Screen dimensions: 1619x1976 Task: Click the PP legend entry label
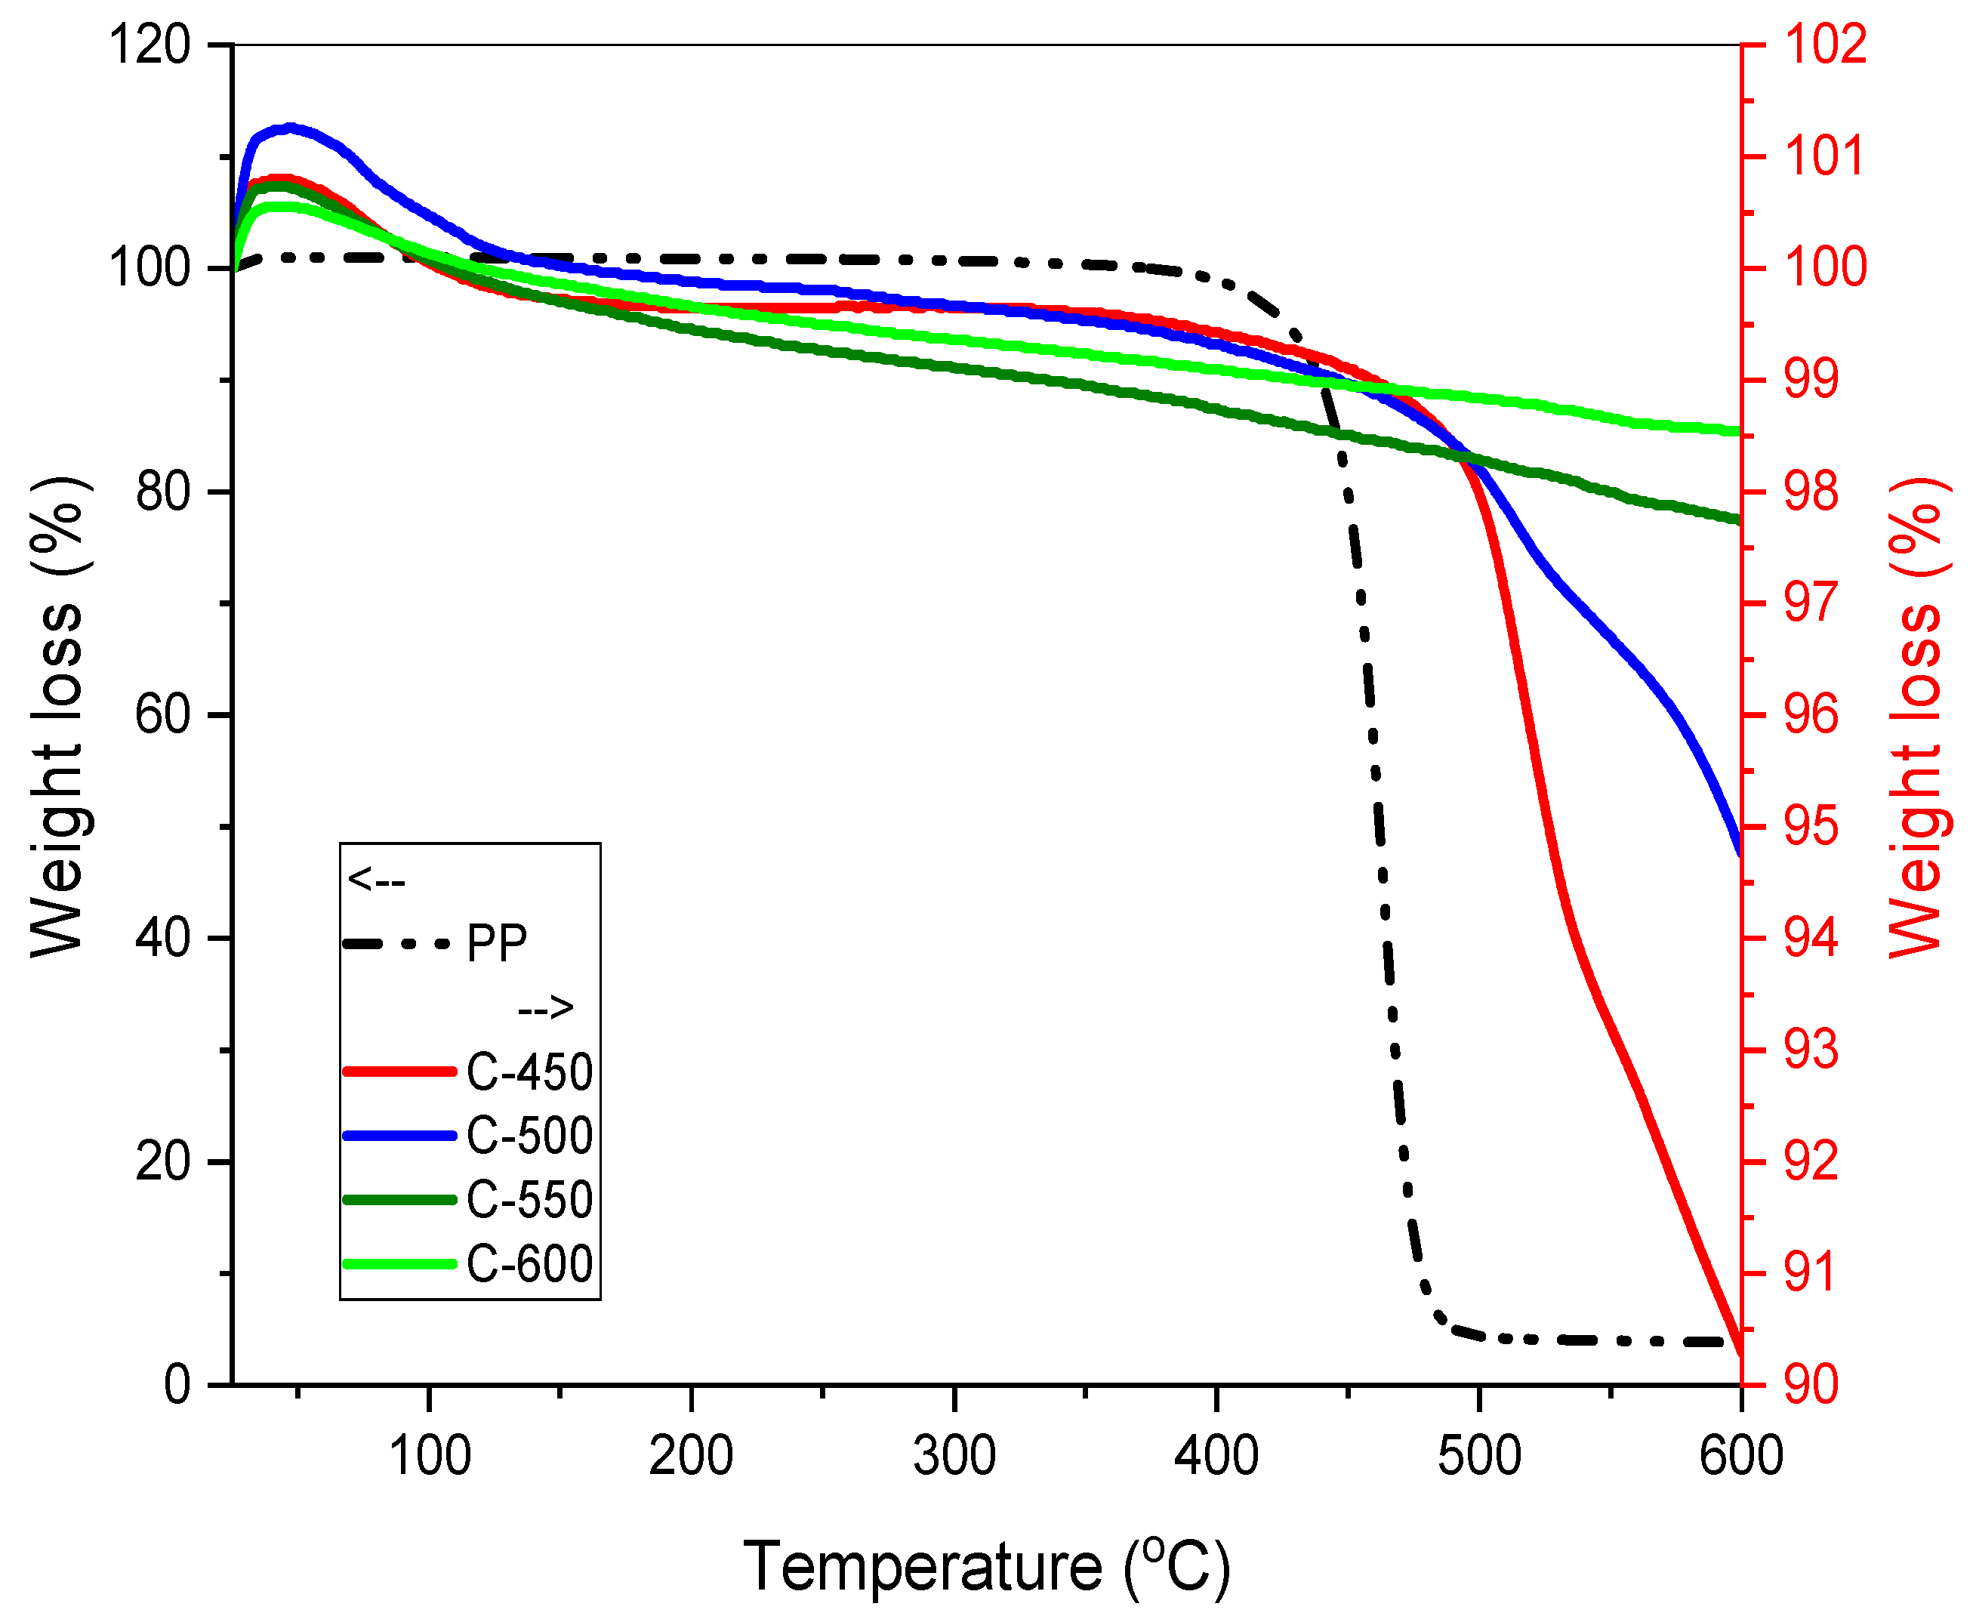(496, 944)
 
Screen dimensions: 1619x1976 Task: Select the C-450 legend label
(529, 1072)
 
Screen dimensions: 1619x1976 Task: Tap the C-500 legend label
(529, 1136)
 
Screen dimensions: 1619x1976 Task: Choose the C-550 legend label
(529, 1199)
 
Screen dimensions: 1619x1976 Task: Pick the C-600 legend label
(529, 1263)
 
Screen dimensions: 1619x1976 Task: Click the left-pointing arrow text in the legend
(376, 880)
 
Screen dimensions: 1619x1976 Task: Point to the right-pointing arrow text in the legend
(545, 1007)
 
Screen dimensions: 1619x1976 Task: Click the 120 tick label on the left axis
(150, 45)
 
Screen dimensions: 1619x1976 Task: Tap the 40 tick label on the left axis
(163, 937)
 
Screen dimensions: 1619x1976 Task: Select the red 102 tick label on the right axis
(1825, 45)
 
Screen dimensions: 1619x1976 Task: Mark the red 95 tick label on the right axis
(1811, 827)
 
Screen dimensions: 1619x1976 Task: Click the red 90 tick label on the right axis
(1811, 1385)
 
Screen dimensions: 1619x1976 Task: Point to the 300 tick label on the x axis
(954, 1455)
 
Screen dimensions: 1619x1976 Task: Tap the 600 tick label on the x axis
(1740, 1455)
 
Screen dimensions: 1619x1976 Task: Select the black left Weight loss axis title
(58, 716)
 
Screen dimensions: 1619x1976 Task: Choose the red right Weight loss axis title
(1917, 716)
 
